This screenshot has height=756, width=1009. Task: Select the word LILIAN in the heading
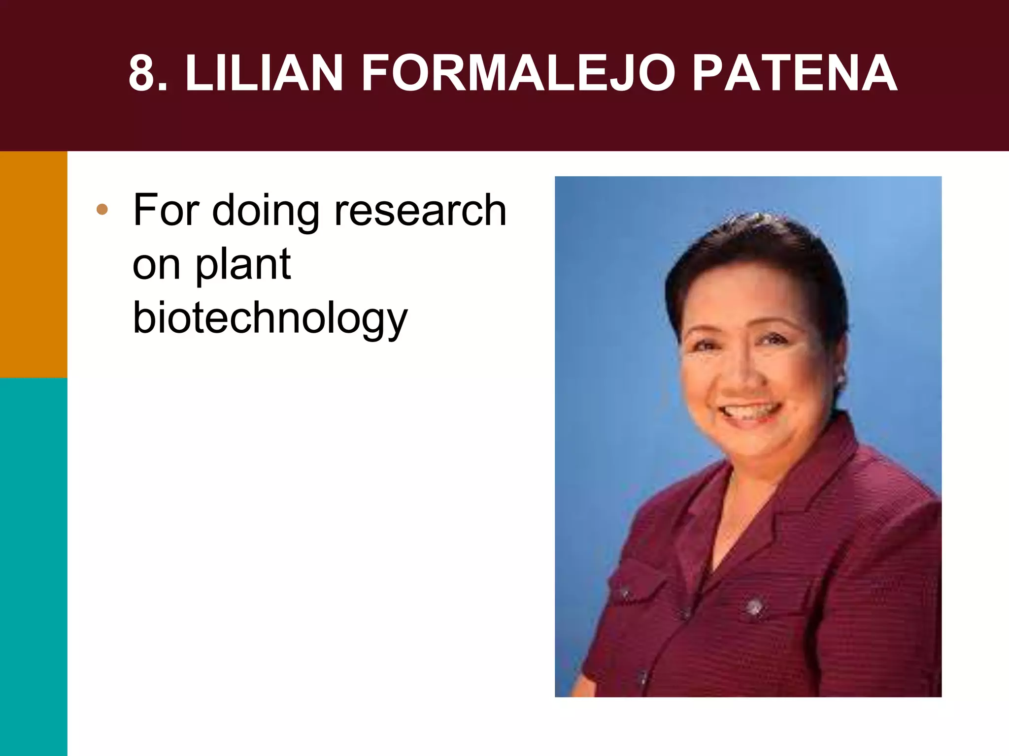(x=264, y=73)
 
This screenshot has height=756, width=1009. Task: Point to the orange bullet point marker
(x=102, y=210)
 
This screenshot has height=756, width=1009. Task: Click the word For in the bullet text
(x=165, y=210)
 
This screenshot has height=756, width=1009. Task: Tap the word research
(x=420, y=210)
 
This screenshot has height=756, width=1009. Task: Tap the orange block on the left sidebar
(x=34, y=264)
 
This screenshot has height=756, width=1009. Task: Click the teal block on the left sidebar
(x=34, y=566)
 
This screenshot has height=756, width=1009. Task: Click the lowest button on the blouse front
(x=642, y=678)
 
